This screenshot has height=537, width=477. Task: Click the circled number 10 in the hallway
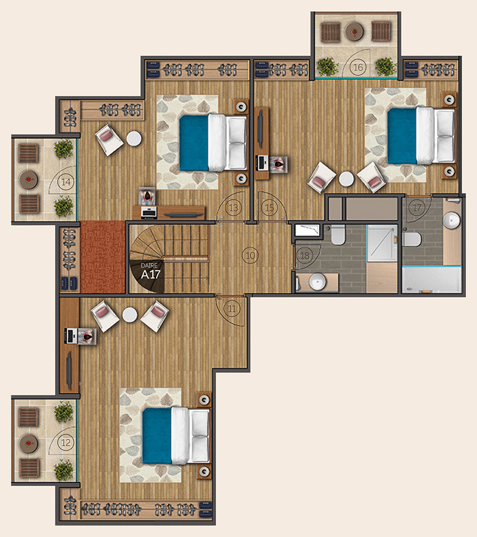(250, 255)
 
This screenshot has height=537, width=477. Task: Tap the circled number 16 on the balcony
(358, 67)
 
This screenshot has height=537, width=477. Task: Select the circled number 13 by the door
(234, 207)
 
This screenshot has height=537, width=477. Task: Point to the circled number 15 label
(270, 207)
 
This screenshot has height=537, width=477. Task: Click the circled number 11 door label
(232, 308)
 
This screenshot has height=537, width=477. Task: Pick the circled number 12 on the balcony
(65, 443)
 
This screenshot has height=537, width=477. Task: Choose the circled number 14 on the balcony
(65, 182)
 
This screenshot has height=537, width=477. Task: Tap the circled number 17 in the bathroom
(416, 207)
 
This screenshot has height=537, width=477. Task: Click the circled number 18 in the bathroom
(304, 255)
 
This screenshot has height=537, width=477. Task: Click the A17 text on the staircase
(151, 274)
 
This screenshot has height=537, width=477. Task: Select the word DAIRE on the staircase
(150, 266)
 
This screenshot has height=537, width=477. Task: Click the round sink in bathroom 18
(318, 282)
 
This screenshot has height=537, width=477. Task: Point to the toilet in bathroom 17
(412, 239)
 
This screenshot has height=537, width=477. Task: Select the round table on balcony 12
(29, 444)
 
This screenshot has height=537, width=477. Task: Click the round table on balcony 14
(29, 180)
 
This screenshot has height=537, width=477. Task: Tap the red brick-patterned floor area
(103, 257)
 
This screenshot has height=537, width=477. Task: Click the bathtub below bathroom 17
(432, 280)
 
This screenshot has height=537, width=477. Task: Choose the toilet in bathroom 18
(338, 234)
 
